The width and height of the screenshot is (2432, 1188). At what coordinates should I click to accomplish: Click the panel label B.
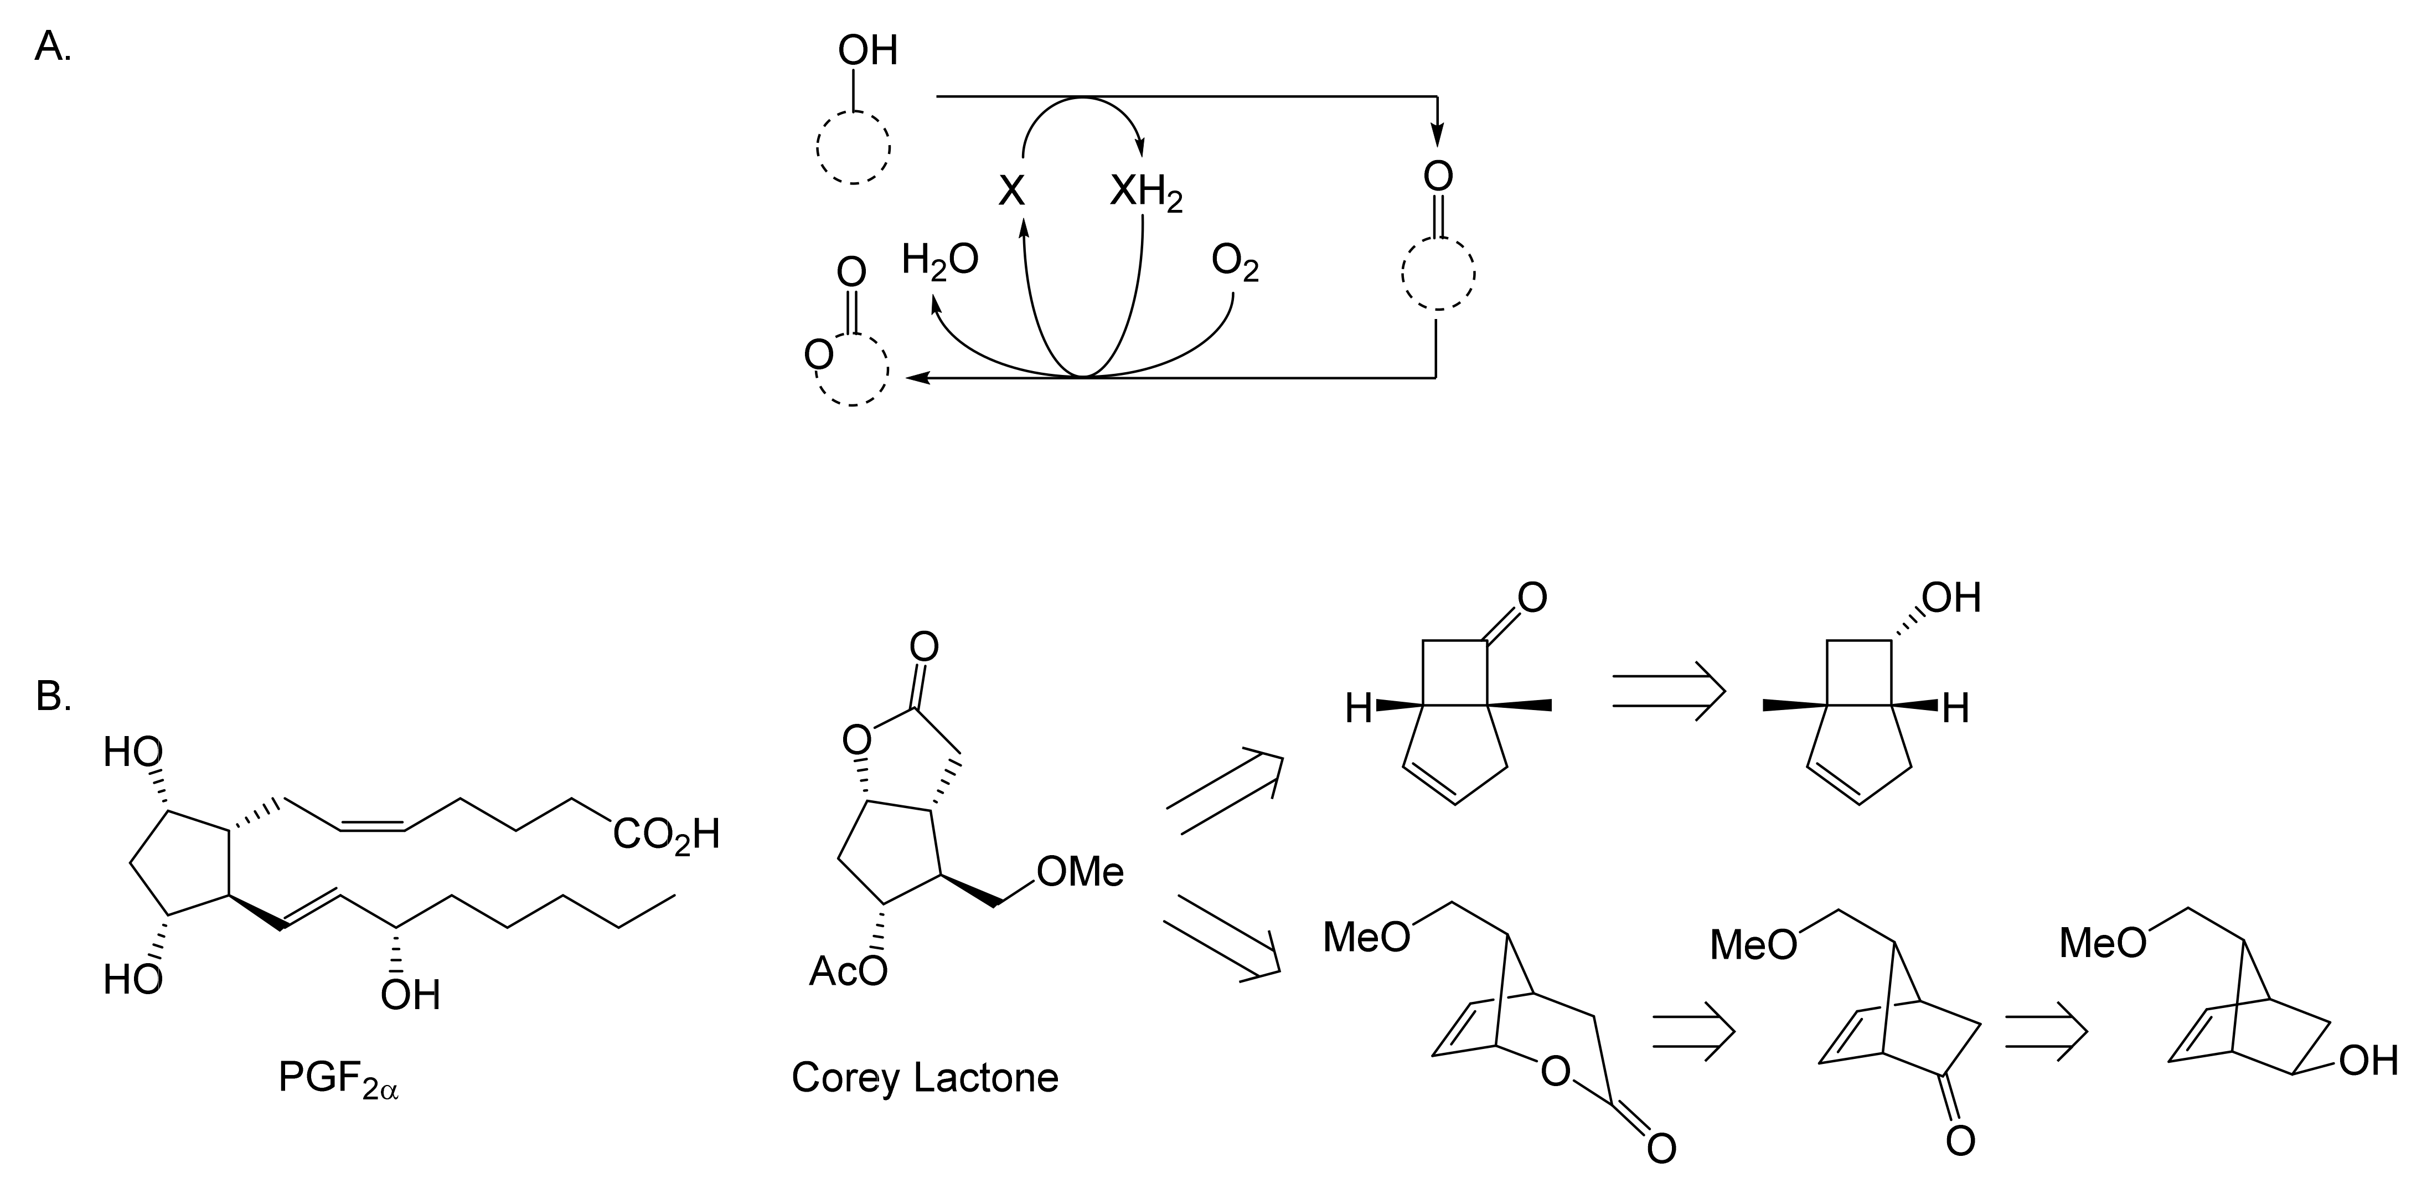point(53,696)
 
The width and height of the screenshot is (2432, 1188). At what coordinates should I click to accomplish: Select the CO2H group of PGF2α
point(665,834)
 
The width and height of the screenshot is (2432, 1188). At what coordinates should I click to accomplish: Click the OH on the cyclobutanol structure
point(1950,597)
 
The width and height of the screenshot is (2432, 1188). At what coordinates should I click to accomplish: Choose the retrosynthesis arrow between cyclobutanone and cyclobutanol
point(1667,690)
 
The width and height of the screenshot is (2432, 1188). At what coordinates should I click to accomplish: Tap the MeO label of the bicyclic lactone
point(1366,937)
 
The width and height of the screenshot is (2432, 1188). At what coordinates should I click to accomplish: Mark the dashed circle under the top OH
point(853,148)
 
